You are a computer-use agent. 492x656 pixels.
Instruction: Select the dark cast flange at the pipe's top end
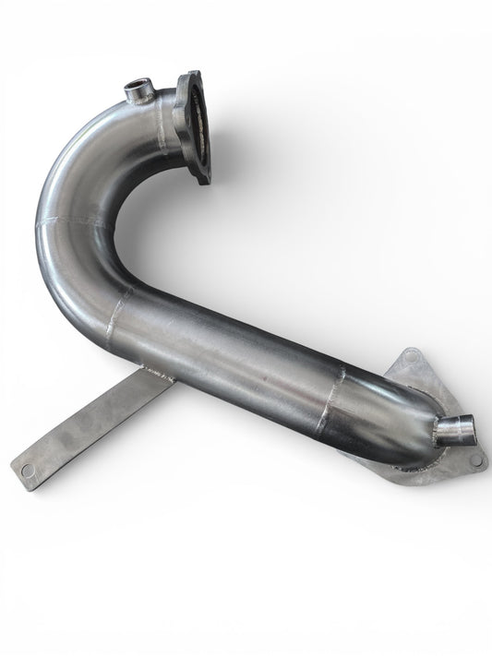coord(198,125)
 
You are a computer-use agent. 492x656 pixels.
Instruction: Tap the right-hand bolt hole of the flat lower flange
coord(474,459)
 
